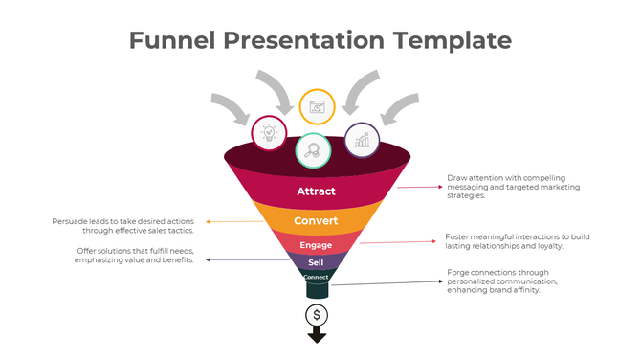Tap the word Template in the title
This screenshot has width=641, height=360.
click(x=451, y=40)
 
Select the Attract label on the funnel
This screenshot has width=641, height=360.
click(x=317, y=191)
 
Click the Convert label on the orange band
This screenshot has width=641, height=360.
click(x=316, y=221)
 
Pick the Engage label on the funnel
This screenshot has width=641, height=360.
click(x=316, y=245)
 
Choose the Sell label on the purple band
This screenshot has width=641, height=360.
click(x=316, y=262)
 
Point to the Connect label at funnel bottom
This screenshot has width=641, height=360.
click(x=316, y=277)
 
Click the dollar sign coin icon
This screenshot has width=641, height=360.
click(x=317, y=314)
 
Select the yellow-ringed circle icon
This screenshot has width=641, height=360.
click(x=317, y=107)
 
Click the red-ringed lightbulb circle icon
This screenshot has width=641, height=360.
click(x=268, y=132)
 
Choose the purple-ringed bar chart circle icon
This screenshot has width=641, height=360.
click(x=362, y=140)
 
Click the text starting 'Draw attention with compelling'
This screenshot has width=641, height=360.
click(x=506, y=187)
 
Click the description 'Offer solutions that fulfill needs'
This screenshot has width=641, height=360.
click(x=135, y=256)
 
